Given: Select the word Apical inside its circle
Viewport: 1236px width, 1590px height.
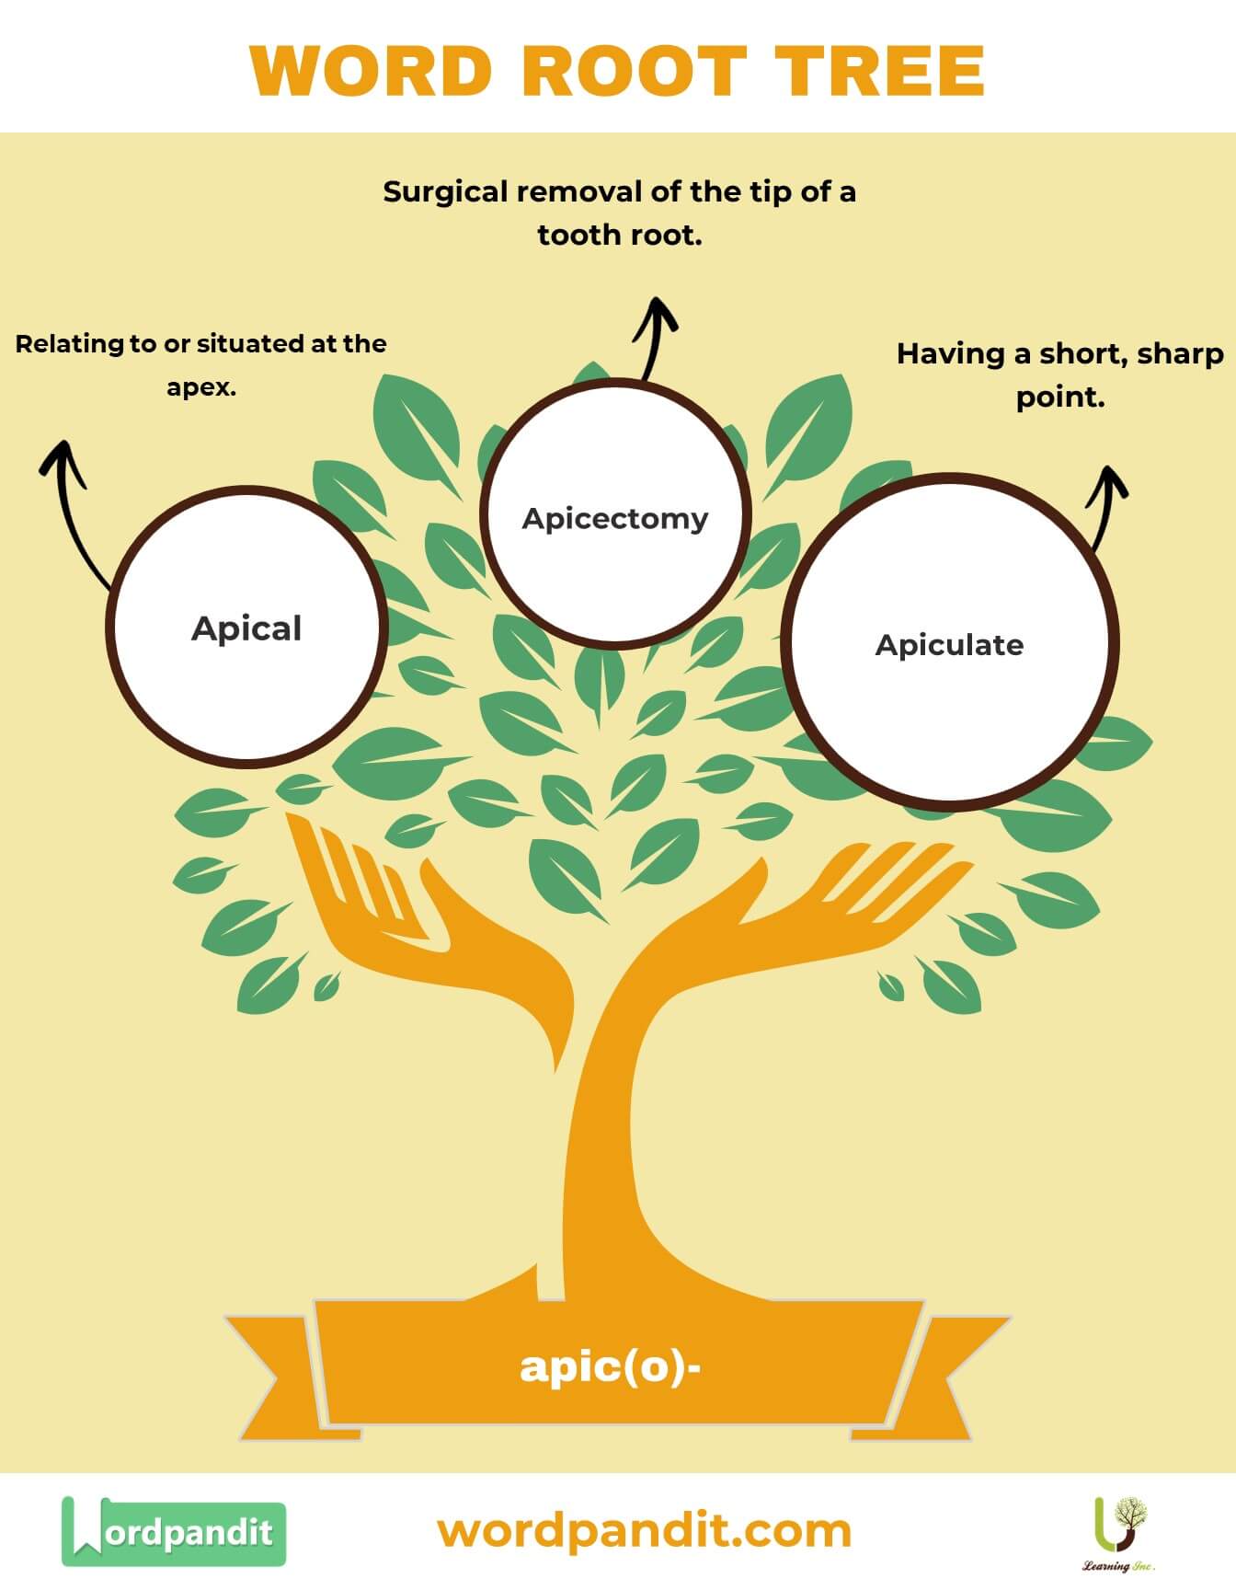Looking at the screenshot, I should coord(246,628).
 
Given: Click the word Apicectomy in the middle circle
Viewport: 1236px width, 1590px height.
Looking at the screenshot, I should coord(615,518).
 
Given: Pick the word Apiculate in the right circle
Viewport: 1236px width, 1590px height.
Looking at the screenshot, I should coord(949,645).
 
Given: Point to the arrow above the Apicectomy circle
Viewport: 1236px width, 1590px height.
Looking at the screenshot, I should coord(655,336).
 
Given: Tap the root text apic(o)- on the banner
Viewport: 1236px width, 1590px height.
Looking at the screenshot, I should coord(611,1365).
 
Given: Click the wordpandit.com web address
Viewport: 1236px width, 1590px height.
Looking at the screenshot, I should coord(644,1531).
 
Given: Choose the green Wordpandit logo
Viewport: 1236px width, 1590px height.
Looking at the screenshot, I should coord(174,1531).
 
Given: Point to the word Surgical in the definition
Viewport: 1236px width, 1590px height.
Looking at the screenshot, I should coord(445,192).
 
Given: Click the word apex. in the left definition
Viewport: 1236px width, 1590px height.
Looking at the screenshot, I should coord(201,387).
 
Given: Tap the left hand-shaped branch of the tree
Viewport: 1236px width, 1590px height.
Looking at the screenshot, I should coord(386,902).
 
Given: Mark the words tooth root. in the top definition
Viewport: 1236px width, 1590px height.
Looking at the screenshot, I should coord(620,236).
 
